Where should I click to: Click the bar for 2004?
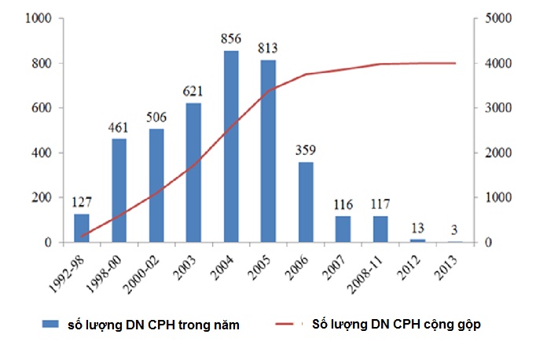(232, 147)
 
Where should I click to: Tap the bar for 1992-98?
(82, 228)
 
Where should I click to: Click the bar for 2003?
(194, 173)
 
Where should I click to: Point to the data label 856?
(232, 41)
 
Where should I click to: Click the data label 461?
(119, 129)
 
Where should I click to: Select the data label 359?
(307, 152)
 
